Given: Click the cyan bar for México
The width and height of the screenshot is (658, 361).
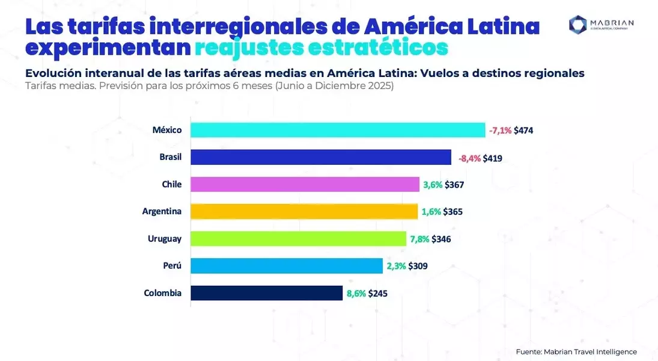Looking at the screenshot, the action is [338, 130].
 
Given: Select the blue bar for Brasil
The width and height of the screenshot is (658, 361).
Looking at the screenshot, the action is [321, 157].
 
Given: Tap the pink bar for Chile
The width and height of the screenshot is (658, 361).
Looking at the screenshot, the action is [305, 184].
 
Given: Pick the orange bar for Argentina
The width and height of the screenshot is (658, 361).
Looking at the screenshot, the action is [304, 211].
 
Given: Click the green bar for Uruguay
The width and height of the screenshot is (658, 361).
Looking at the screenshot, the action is [299, 238].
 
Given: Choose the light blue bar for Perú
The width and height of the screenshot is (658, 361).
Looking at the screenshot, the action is [287, 265].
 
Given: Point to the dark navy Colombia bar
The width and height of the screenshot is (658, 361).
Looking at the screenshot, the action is [266, 293].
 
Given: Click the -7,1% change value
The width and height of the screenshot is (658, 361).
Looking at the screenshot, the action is [500, 131].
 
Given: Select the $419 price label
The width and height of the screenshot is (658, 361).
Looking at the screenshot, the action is [492, 158].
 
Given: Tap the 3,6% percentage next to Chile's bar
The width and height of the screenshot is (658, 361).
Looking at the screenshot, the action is [433, 185].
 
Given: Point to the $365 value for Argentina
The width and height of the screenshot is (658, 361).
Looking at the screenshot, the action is [453, 212].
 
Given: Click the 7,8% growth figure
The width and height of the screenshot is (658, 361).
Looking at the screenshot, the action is [419, 239].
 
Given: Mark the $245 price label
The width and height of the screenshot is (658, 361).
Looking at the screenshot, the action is [378, 294].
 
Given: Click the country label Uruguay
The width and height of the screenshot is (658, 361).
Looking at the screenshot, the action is [165, 239].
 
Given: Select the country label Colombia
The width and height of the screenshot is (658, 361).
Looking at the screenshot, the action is [163, 293].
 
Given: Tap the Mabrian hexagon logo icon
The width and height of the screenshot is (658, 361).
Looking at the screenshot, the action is [578, 25].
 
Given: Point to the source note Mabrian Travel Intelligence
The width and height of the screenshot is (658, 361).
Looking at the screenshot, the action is [591, 352].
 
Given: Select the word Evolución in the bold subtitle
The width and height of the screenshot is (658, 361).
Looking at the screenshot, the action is [53, 73].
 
